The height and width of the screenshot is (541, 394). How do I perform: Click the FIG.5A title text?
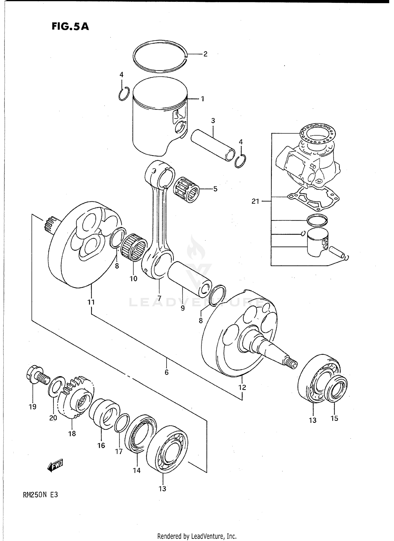coord(70,27)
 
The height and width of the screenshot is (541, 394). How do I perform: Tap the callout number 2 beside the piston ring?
coord(205,54)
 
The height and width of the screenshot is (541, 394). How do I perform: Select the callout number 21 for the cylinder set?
coord(255,202)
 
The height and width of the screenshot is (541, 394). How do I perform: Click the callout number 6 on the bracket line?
coord(167,372)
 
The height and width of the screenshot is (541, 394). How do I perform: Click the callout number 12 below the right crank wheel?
coord(242,387)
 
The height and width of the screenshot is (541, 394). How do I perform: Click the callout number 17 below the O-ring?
coord(119,451)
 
